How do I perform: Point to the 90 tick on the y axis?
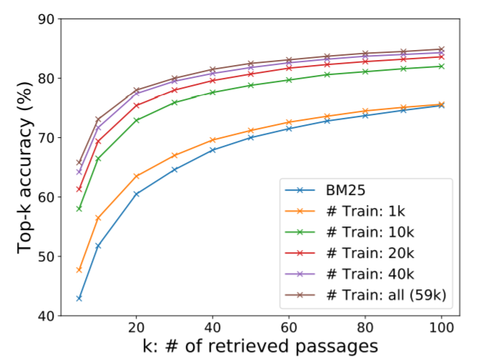click(51, 19)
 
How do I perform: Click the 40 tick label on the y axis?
click(51, 316)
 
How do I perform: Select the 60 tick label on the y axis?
click(51, 197)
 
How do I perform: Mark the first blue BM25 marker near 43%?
click(79, 298)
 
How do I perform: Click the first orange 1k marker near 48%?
click(79, 270)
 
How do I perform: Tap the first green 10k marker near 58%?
click(79, 209)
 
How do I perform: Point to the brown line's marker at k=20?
click(136, 90)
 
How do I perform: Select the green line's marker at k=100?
click(441, 66)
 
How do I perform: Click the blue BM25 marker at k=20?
click(136, 194)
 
